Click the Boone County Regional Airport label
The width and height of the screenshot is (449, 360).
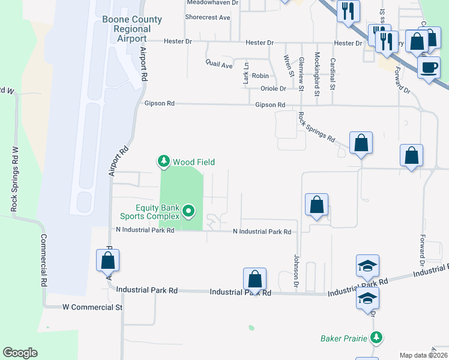[132, 29]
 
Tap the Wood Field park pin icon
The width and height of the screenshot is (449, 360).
[163, 161]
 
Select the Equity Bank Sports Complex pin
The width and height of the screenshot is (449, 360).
[188, 211]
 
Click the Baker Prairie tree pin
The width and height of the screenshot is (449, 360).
[376, 338]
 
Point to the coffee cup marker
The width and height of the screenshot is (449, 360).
[428, 68]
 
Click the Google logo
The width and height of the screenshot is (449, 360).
[20, 353]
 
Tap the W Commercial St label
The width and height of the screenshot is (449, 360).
[92, 307]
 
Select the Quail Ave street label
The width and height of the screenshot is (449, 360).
[218, 64]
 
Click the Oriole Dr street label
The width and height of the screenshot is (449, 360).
[273, 89]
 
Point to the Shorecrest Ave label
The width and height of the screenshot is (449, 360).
[208, 17]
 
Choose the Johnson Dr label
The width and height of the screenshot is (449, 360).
[296, 269]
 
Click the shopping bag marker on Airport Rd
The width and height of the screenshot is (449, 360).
[108, 261]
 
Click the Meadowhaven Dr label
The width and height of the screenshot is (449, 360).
[212, 2]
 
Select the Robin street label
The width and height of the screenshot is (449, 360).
[260, 76]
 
